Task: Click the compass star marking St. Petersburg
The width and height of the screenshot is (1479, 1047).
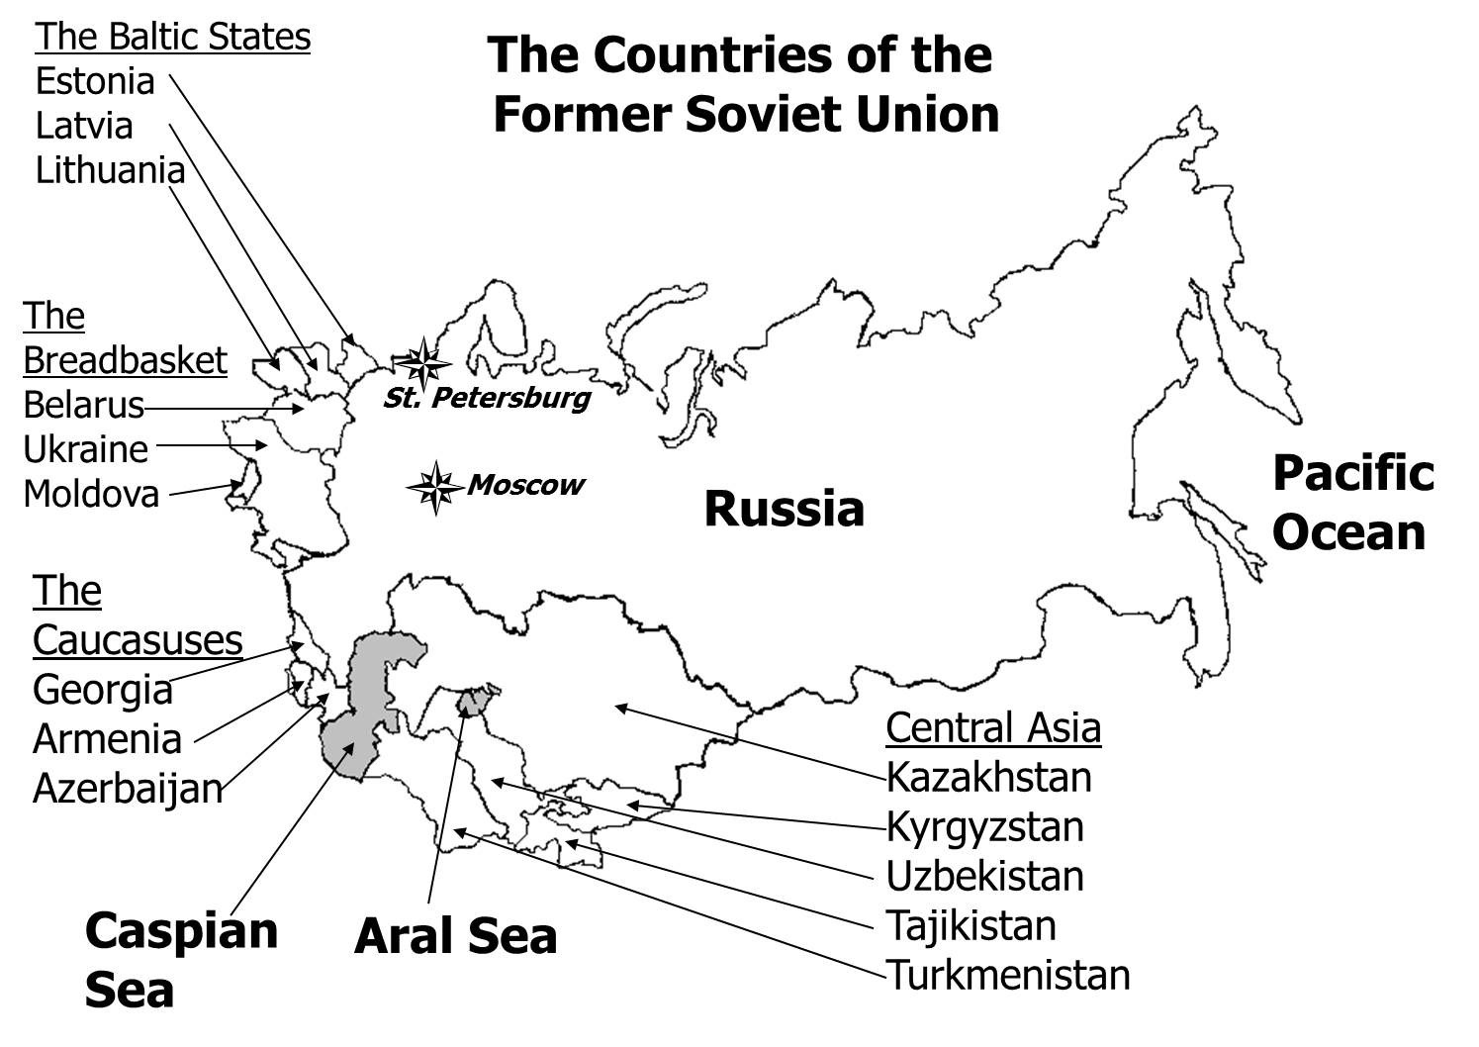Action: pyautogui.click(x=422, y=364)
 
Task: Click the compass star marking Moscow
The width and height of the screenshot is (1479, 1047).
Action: pyautogui.click(x=434, y=487)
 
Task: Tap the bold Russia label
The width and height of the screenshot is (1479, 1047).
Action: pyautogui.click(x=784, y=510)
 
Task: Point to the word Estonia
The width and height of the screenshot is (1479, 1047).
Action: pyautogui.click(x=95, y=81)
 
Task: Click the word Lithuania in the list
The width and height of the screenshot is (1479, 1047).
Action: pyautogui.click(x=110, y=170)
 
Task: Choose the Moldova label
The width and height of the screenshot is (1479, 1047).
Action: pyautogui.click(x=91, y=493)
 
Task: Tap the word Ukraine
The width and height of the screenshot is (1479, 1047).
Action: pyautogui.click(x=86, y=449)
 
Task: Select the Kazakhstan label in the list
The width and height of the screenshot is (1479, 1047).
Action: pyautogui.click(x=988, y=777)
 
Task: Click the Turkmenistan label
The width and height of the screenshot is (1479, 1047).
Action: pyautogui.click(x=1007, y=975)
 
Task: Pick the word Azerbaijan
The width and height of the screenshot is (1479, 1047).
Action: pyautogui.click(x=128, y=789)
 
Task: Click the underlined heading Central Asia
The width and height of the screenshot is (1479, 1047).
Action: pyautogui.click(x=992, y=727)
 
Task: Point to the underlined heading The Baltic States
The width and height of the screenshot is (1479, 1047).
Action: pyautogui.click(x=173, y=37)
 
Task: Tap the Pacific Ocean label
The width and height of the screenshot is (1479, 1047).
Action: pyautogui.click(x=1351, y=503)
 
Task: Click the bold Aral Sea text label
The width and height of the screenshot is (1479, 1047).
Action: pyautogui.click(x=455, y=936)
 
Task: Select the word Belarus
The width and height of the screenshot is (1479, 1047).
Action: pyautogui.click(x=83, y=405)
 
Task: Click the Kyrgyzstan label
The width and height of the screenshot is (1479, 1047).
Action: pyautogui.click(x=984, y=826)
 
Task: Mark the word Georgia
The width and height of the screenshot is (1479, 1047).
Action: pyautogui.click(x=103, y=690)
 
